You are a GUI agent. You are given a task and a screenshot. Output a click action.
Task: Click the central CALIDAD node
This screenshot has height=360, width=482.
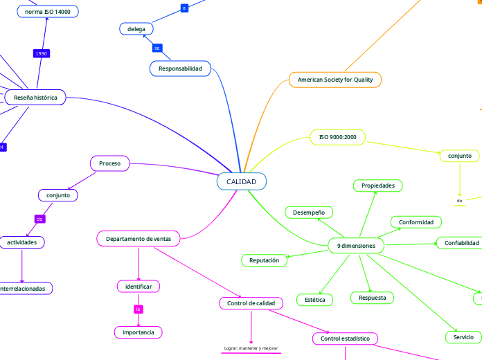241,181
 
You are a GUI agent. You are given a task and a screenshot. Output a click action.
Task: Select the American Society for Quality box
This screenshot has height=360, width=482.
335,80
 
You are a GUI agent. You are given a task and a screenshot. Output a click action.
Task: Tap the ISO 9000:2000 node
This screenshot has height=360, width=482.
338,137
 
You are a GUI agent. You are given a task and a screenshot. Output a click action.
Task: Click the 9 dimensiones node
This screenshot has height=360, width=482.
356,246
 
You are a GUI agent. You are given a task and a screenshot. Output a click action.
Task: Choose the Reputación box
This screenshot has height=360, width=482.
264,260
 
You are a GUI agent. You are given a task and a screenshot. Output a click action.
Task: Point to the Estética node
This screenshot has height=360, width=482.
314,300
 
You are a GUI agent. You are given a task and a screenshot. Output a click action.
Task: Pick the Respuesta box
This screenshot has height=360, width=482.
372,298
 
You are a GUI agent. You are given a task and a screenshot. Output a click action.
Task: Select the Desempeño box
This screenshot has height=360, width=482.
309,212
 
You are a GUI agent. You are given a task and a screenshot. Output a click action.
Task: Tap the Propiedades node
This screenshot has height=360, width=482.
377,186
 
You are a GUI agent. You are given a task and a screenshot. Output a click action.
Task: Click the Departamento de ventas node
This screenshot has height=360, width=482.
139,239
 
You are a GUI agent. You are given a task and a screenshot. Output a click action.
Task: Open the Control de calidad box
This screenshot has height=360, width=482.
251,303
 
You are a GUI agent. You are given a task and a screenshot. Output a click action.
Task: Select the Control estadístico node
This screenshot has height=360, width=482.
345,339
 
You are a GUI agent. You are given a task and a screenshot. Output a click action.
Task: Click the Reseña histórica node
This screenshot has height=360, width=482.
35,98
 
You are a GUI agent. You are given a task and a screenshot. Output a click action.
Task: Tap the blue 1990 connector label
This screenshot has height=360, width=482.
42,54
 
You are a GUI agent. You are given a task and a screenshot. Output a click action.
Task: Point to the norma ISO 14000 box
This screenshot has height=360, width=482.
47,12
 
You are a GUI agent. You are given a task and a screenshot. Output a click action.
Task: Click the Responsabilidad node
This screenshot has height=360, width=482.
180,69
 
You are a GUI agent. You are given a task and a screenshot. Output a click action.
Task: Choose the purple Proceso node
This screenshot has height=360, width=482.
109,163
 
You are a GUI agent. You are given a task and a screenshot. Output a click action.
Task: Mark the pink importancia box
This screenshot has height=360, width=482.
139,332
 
